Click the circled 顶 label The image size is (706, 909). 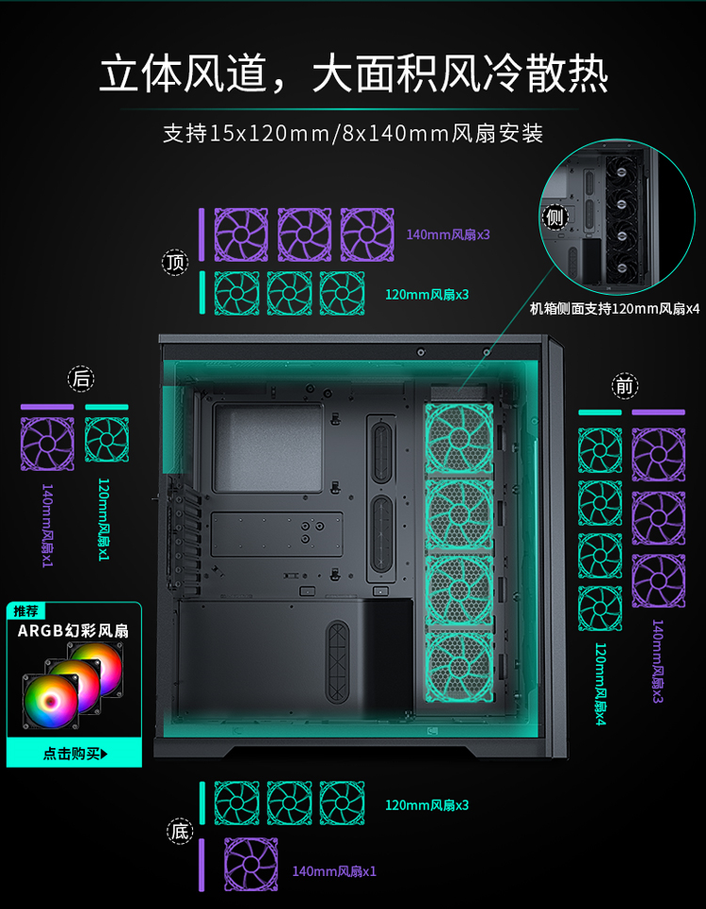point(175,263)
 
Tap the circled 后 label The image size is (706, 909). point(81,379)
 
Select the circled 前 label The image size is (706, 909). point(624,386)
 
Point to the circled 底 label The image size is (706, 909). point(180,832)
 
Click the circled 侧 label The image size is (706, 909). point(554,218)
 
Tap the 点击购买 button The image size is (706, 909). point(74,754)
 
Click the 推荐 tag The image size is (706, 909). point(25,611)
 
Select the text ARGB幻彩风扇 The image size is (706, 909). point(73,631)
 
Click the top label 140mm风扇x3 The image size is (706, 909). point(448,235)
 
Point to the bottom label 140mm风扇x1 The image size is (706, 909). point(334,871)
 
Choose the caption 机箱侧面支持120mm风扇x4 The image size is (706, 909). point(615,309)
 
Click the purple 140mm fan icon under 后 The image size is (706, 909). point(47,444)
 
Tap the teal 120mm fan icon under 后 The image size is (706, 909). point(107,439)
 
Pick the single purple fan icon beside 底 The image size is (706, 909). point(250,865)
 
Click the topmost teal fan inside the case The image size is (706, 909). point(459,438)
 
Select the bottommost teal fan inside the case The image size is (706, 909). point(459,667)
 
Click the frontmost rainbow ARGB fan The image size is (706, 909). point(51,702)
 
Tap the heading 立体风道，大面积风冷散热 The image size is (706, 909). point(353,73)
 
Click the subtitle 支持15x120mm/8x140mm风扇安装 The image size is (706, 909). point(353,134)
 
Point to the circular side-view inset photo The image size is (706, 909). point(617,217)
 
